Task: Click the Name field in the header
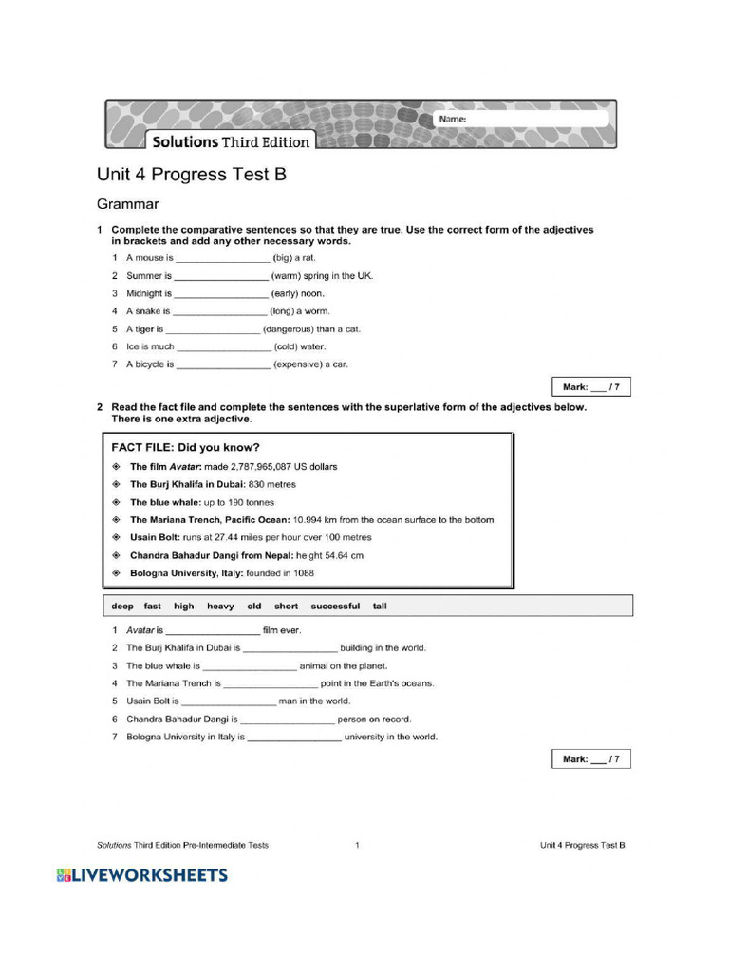[532, 120]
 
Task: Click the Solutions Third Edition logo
[228, 141]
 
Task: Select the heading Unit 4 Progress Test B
[191, 175]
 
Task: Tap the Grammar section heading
[128, 204]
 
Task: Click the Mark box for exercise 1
[590, 387]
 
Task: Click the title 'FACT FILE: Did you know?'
[186, 447]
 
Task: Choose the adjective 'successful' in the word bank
[335, 607]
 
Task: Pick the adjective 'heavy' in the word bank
[220, 607]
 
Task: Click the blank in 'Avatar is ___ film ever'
[214, 630]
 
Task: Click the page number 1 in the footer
[357, 845]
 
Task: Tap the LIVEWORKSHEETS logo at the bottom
[142, 875]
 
